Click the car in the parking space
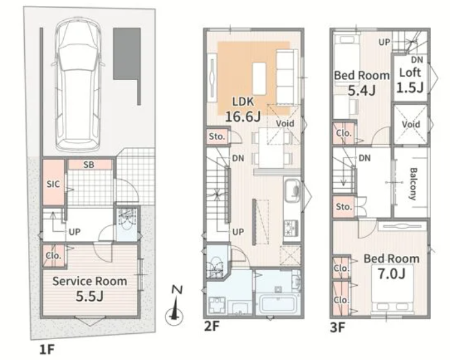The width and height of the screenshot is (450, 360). click(78, 85)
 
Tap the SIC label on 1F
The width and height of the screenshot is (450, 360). click(53, 184)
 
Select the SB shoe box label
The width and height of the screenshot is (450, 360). click(89, 165)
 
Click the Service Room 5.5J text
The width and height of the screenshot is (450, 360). click(89, 288)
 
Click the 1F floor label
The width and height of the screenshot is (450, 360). click(46, 350)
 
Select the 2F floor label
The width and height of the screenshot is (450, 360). click(212, 326)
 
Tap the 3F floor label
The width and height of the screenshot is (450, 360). click(337, 327)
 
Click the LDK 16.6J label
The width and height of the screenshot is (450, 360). click(243, 109)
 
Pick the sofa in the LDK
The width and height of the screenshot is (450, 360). click(286, 77)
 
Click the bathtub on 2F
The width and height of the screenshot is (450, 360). click(278, 305)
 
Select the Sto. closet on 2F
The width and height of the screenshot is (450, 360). click(218, 136)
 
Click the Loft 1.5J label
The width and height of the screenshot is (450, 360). click(410, 80)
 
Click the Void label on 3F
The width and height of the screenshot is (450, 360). click(411, 124)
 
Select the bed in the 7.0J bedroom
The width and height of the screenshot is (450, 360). click(393, 289)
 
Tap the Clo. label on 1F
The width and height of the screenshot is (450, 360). click(53, 255)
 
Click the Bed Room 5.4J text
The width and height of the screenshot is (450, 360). click(362, 83)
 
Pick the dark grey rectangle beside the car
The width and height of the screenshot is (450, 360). click(127, 54)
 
